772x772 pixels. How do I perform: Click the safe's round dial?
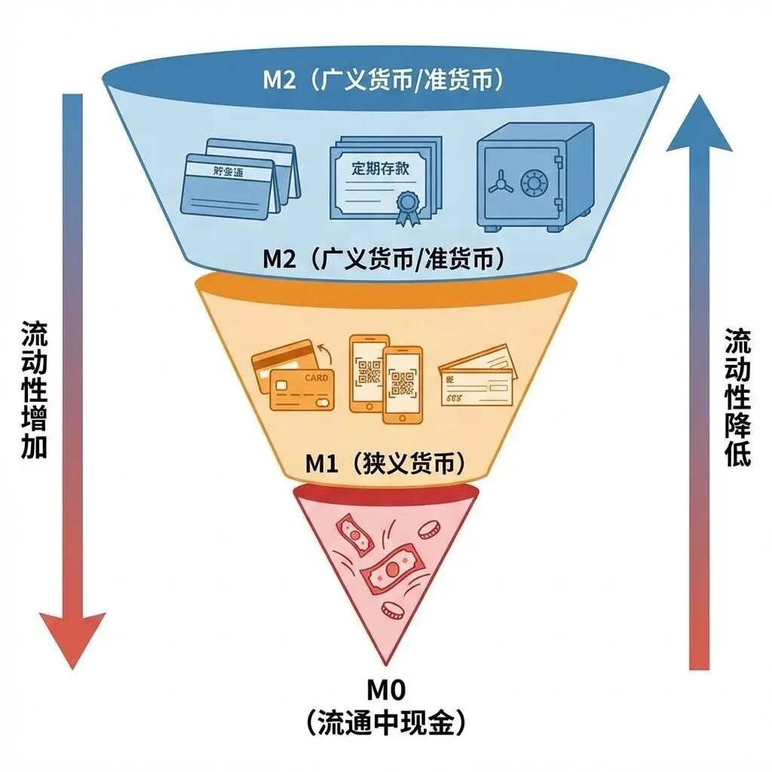[x=535, y=181]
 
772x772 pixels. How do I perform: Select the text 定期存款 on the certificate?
[x=381, y=167]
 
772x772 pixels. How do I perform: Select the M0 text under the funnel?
[x=386, y=689]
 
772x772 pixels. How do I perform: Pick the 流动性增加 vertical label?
[x=35, y=390]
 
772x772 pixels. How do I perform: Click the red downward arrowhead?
[x=72, y=638]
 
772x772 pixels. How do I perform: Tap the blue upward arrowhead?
[x=699, y=125]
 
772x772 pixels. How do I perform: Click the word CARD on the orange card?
[x=317, y=377]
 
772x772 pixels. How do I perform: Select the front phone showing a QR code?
[x=403, y=384]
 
